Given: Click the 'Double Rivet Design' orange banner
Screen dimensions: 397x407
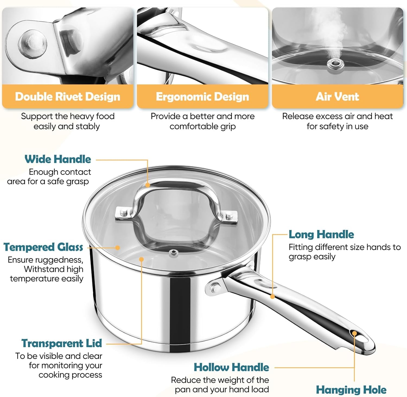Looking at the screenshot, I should [x=68, y=97].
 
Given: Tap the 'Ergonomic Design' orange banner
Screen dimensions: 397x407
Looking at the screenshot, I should [x=202, y=97].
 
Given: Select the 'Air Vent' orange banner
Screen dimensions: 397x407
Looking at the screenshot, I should [x=337, y=97].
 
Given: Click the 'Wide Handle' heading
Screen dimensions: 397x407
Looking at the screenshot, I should [x=58, y=159].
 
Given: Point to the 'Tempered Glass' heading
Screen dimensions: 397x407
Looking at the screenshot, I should [x=43, y=247].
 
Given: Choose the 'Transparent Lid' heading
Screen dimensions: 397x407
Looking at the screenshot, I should [x=62, y=343].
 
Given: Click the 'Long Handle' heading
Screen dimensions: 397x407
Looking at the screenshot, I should [x=321, y=234].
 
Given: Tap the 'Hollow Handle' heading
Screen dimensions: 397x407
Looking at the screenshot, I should [x=231, y=367].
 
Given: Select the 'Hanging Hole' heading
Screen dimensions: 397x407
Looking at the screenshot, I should [x=351, y=390].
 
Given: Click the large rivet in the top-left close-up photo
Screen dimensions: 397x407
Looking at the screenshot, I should [x=33, y=43].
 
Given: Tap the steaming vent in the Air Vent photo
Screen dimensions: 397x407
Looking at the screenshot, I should [x=336, y=64].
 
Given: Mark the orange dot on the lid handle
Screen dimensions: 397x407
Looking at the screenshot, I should [x=148, y=185].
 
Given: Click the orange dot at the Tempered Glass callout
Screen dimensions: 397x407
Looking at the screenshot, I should [x=117, y=248].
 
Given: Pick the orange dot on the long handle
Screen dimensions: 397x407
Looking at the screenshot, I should [x=272, y=297].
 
